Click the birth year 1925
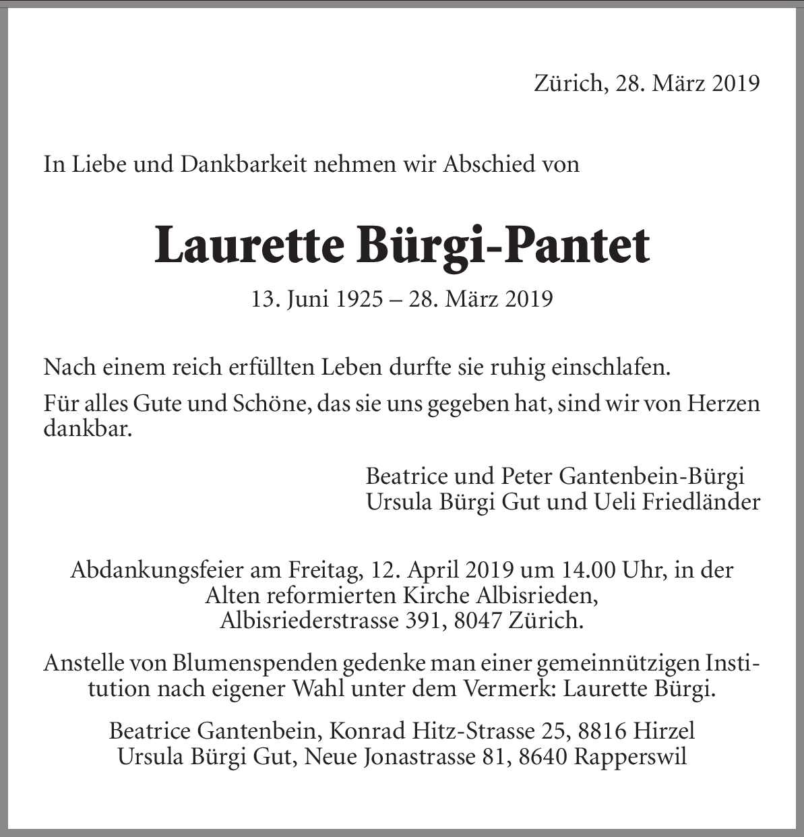(x=358, y=298)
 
